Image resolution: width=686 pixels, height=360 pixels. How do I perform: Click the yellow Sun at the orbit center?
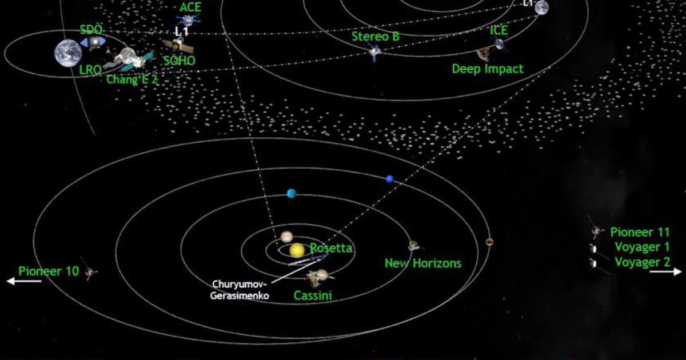(297, 250)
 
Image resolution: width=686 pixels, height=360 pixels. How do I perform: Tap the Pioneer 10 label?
(49, 271)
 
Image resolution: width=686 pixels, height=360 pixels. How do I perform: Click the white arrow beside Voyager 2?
(665, 272)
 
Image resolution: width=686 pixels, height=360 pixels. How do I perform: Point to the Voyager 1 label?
(641, 247)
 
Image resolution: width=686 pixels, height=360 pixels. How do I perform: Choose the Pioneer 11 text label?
(639, 232)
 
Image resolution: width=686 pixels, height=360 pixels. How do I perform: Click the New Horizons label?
(422, 263)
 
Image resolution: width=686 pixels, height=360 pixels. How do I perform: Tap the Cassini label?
(313, 295)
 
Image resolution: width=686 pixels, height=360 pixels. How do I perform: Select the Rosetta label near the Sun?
(331, 249)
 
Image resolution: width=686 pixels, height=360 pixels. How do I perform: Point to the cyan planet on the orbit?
(292, 193)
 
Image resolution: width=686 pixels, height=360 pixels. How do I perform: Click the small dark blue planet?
(390, 179)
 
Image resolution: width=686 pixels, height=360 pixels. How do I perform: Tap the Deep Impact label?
(488, 69)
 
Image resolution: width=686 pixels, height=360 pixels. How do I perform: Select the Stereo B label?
(376, 37)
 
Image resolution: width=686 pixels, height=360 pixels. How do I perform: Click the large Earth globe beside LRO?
(68, 53)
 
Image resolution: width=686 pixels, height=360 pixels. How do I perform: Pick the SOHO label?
(180, 61)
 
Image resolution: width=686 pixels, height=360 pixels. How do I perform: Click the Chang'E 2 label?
(132, 80)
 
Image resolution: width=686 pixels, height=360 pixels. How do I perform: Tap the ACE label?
(190, 7)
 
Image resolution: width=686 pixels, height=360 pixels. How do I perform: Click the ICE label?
(498, 30)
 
